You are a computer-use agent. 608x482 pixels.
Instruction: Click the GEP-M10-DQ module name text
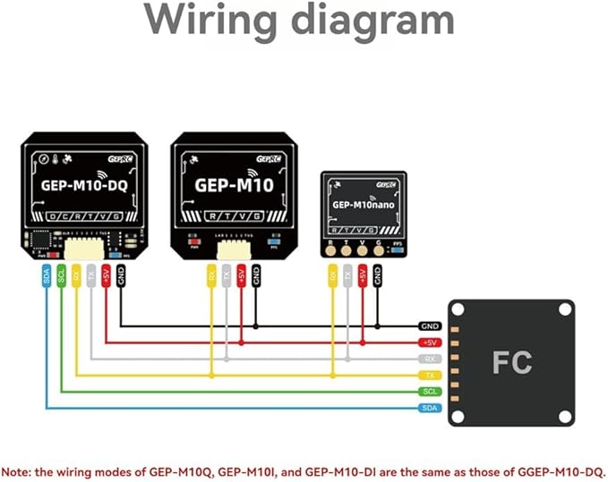(81, 188)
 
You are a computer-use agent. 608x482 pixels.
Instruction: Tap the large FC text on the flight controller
(511, 362)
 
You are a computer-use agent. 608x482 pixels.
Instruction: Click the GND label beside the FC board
(431, 326)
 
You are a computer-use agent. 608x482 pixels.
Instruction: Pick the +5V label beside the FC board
(431, 342)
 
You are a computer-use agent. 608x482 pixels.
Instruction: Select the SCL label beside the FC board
(431, 392)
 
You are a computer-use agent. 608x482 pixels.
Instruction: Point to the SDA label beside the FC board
(431, 408)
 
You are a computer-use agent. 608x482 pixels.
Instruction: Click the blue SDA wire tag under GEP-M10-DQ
(47, 277)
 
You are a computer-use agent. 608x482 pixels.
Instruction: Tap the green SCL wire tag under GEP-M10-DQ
(61, 277)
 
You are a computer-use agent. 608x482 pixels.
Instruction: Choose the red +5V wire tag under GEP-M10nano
(363, 277)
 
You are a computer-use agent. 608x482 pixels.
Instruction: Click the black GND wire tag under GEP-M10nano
(378, 277)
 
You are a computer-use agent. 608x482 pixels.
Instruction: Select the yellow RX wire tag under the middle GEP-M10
(211, 277)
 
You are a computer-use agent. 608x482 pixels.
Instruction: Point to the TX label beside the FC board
(431, 376)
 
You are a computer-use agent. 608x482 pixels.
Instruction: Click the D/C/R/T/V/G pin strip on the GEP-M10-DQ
(81, 217)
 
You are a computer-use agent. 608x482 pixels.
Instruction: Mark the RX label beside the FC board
(431, 359)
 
